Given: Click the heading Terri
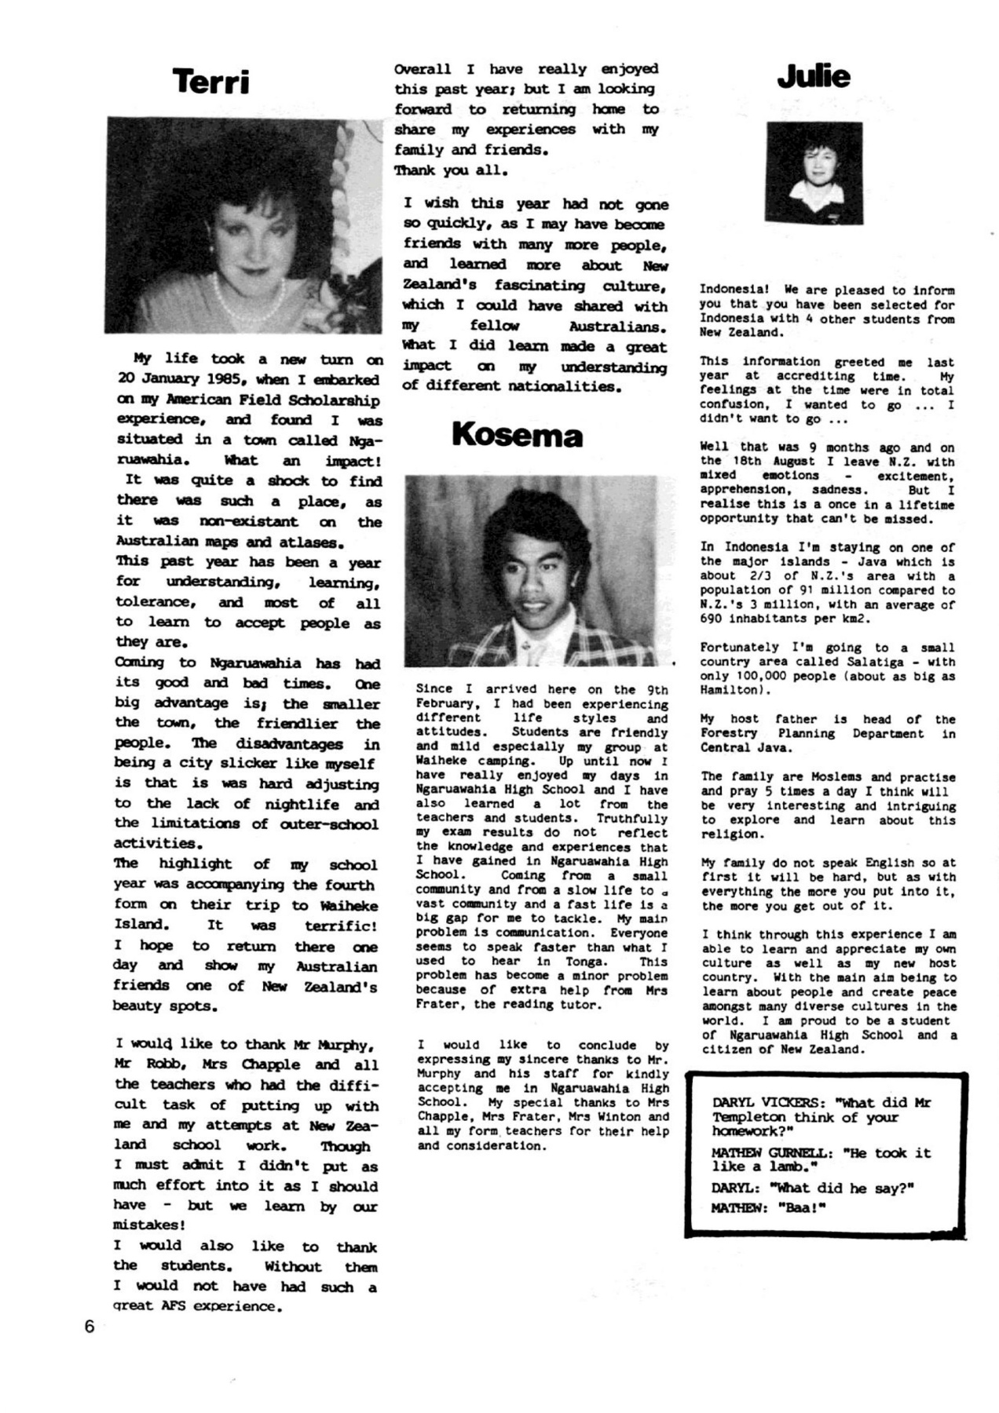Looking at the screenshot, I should point(210,82).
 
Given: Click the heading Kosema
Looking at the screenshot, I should point(517,435).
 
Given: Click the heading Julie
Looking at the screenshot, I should point(814,76).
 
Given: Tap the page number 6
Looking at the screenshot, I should point(89,1327).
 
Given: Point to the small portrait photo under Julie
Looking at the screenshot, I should point(813,173).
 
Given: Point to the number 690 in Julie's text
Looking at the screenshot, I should point(714,619).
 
